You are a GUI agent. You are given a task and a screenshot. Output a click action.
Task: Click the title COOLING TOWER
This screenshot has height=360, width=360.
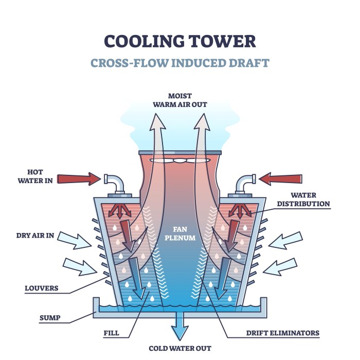tap(180, 41)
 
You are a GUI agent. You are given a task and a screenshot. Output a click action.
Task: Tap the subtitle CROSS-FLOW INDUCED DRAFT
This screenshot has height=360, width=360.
tap(180, 63)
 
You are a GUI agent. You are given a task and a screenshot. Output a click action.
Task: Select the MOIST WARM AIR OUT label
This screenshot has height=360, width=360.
tap(180, 100)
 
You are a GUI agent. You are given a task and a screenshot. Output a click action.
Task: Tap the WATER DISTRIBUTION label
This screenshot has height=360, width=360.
tap(303, 200)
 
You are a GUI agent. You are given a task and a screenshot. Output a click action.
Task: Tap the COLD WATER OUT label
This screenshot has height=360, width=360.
tap(180, 348)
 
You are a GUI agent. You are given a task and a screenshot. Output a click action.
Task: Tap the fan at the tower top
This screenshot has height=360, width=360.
tap(179, 160)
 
